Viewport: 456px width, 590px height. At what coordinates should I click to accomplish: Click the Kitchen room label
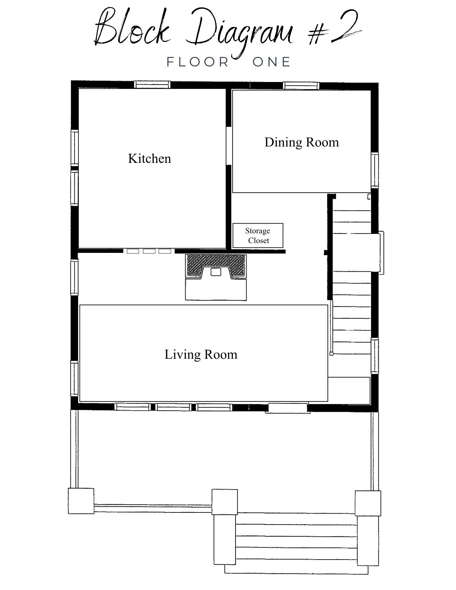click(x=149, y=158)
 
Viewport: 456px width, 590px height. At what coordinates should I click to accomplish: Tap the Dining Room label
click(x=302, y=142)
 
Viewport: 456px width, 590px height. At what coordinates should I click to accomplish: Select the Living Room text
click(x=201, y=354)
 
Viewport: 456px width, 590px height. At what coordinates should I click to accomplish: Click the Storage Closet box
click(x=258, y=235)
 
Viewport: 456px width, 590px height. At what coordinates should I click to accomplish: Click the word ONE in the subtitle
click(x=272, y=62)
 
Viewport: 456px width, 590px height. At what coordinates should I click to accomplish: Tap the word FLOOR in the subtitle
click(x=198, y=62)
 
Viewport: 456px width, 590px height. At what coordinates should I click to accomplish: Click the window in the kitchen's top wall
click(x=152, y=85)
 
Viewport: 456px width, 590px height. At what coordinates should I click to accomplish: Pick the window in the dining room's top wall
click(x=301, y=86)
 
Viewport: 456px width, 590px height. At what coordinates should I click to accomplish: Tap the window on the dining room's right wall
click(x=375, y=170)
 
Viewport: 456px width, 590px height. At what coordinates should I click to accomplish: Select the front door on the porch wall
click(x=288, y=408)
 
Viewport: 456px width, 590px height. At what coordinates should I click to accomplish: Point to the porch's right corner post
click(x=368, y=503)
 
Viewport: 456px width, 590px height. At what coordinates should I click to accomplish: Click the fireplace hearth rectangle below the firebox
click(x=216, y=289)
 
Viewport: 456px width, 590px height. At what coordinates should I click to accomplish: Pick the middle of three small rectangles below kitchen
click(x=149, y=251)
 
